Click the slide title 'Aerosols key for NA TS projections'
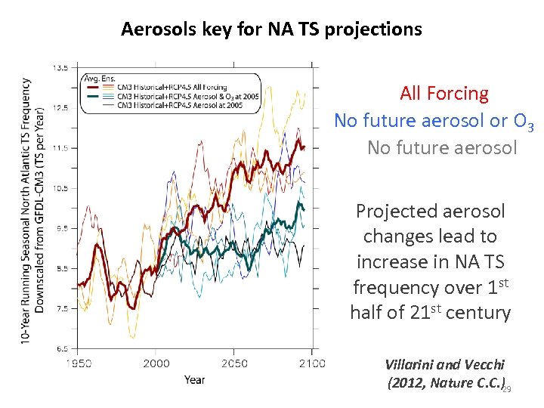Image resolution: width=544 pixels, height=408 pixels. pos(271,29)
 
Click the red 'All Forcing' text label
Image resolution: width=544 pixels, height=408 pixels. pos(444,94)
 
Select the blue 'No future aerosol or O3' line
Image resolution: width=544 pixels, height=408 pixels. pos(434,121)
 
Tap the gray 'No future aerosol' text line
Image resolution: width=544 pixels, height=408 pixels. pos(442,147)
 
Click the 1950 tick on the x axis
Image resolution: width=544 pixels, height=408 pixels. pos(78,363)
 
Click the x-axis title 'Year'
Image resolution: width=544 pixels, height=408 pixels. pos(194,379)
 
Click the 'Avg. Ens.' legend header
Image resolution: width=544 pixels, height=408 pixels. pos(97,78)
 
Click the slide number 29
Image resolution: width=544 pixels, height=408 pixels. pos(507,388)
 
